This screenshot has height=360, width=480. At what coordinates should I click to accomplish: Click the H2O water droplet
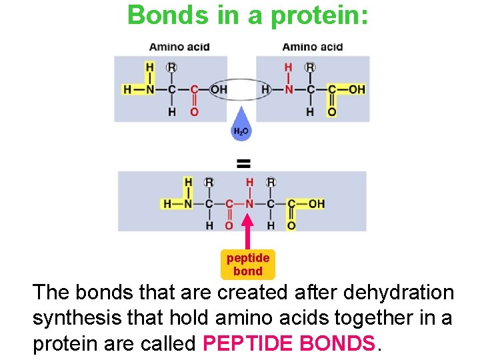click(241, 129)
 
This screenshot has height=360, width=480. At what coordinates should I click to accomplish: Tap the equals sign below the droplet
click(243, 162)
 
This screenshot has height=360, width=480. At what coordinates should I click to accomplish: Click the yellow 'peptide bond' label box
click(248, 265)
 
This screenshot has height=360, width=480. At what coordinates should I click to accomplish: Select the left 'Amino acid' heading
click(179, 47)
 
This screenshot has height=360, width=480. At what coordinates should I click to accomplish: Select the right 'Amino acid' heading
click(312, 47)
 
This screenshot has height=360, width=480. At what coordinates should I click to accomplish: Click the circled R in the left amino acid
click(172, 67)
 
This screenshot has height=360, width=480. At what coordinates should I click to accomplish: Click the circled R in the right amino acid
click(310, 67)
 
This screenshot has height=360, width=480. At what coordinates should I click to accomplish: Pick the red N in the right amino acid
click(288, 89)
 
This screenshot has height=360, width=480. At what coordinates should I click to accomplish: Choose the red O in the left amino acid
click(194, 111)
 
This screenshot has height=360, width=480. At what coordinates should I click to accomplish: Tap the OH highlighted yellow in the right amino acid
click(357, 89)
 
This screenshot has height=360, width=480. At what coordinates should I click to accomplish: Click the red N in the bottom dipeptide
click(249, 203)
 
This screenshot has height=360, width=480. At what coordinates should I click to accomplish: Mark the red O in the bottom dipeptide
click(229, 226)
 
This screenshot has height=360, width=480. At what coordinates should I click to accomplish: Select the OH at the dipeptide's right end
click(317, 203)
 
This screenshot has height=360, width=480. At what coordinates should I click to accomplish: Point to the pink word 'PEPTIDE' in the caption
click(248, 343)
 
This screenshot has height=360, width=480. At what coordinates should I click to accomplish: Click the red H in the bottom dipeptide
click(249, 182)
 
